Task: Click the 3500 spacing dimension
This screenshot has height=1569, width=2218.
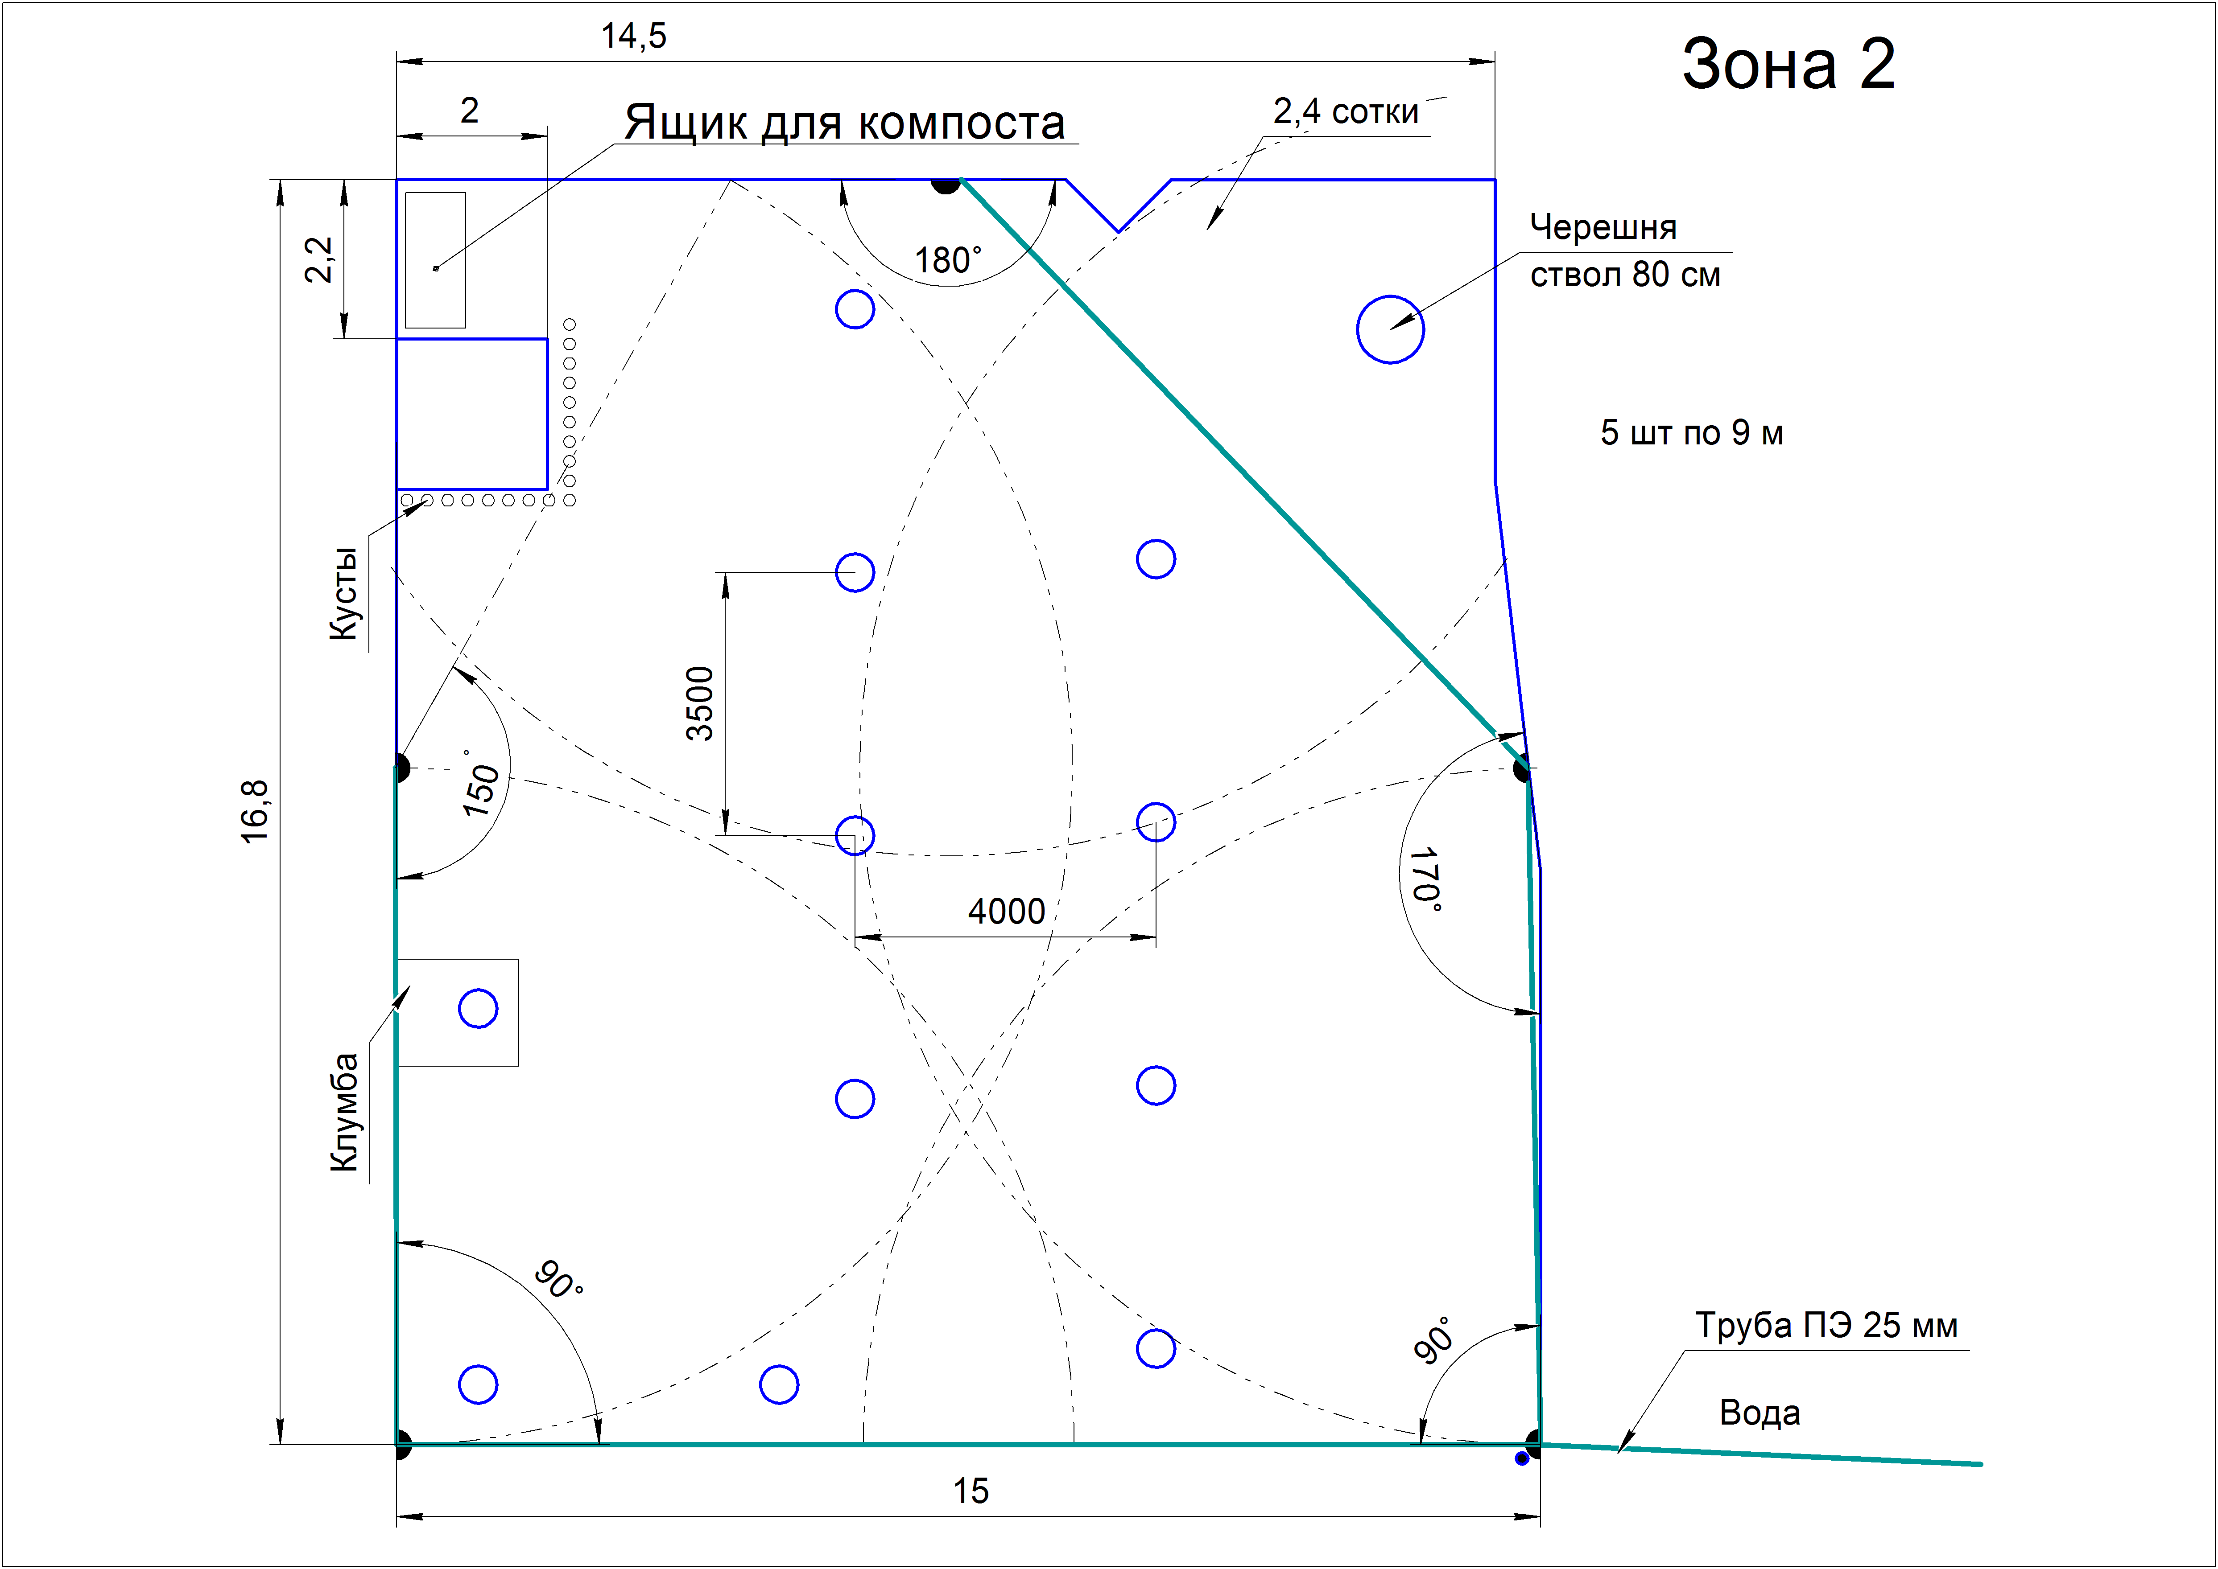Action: pyautogui.click(x=700, y=703)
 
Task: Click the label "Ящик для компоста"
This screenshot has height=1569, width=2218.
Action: pyautogui.click(x=845, y=123)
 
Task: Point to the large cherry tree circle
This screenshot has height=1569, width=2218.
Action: pyautogui.click(x=1390, y=329)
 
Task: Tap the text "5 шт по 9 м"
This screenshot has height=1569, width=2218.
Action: pyautogui.click(x=1691, y=433)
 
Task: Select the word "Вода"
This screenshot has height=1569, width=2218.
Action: pyautogui.click(x=1759, y=1413)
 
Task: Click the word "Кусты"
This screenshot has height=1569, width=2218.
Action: pyautogui.click(x=343, y=593)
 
